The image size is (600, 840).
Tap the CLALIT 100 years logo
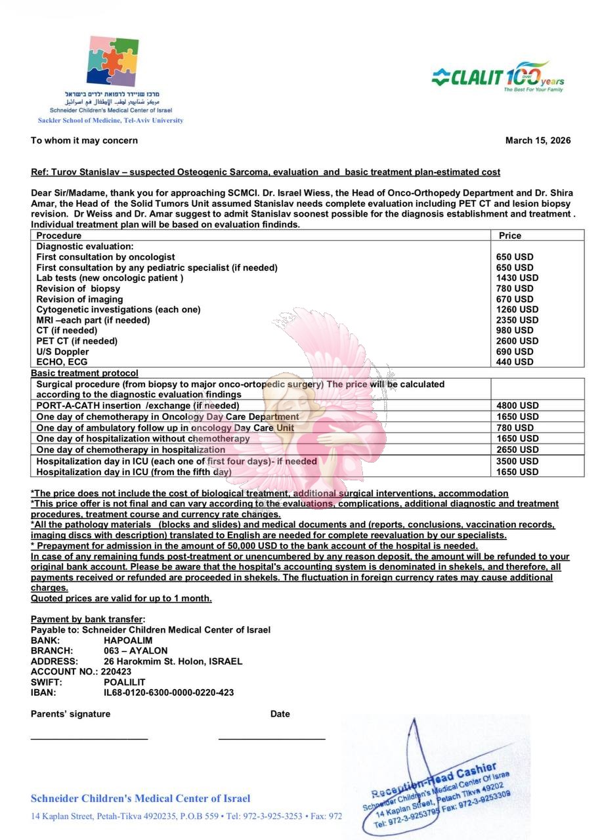[498, 77]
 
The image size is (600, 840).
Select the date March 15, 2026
[538, 140]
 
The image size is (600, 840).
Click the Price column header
[510, 236]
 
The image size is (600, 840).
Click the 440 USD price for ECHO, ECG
[515, 362]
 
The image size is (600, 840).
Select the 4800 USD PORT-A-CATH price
[518, 406]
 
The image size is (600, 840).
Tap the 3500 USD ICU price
[518, 461]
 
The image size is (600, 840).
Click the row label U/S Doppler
[62, 352]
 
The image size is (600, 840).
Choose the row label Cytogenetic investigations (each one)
[118, 309]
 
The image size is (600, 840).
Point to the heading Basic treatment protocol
[85, 373]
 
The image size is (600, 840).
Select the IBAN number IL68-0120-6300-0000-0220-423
[169, 692]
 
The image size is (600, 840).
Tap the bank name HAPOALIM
[128, 640]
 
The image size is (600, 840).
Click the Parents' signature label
[71, 714]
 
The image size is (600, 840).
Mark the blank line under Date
[272, 739]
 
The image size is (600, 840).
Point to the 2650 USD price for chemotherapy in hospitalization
[518, 450]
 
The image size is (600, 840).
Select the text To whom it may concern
[84, 140]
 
